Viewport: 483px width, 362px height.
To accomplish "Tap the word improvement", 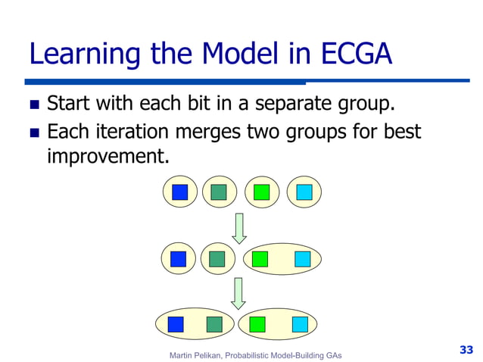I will tap(105, 157).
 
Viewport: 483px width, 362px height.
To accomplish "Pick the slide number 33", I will tap(466, 349).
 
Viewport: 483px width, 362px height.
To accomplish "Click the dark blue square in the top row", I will tap(179, 192).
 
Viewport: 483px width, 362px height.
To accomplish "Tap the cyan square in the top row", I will tap(304, 192).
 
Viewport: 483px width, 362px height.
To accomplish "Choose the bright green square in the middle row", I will tap(260, 259).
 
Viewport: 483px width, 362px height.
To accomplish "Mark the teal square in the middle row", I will tap(217, 259).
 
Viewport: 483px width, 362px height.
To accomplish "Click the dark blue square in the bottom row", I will tap(176, 324).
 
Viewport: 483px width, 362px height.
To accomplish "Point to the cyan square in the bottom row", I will tap(300, 324).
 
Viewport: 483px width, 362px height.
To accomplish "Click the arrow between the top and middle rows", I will tap(239, 227).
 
